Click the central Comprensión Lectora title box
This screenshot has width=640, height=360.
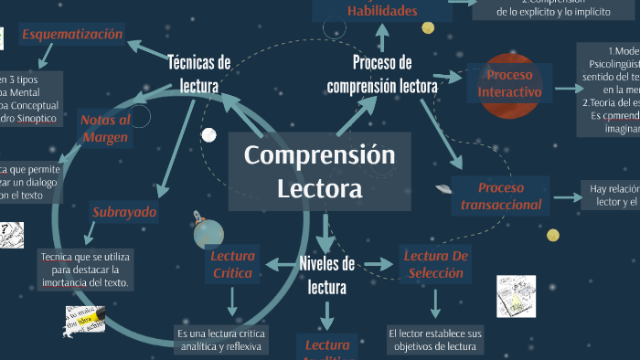coord(319,172)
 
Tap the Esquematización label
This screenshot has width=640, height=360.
coord(72,36)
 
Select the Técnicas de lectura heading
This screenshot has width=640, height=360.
coord(199,74)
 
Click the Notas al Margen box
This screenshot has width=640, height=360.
coord(106,129)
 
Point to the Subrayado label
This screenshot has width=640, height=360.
coord(124,213)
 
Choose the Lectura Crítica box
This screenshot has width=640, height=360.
coord(232,264)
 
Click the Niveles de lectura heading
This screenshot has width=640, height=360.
coord(326,275)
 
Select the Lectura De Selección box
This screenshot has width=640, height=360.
coord(436,264)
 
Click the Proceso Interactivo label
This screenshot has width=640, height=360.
coord(509,83)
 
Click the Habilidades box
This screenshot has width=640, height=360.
coord(382,11)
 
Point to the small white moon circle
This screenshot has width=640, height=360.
coord(208,135)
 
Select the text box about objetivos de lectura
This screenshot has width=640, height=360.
coord(435,339)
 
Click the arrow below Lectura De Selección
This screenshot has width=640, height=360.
coord(435,302)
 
